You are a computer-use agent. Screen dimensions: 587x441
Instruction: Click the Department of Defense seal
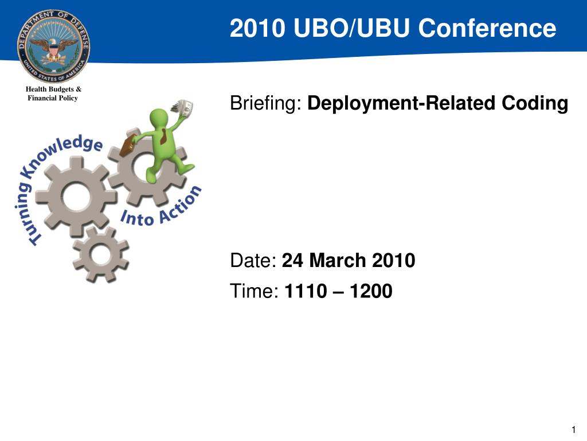click(53, 46)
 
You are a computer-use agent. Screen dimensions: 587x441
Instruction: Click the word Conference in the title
click(487, 28)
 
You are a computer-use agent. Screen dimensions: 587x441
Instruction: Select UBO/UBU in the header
click(351, 28)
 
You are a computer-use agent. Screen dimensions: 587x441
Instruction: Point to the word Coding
click(535, 103)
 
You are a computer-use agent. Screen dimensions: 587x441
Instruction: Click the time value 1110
click(306, 291)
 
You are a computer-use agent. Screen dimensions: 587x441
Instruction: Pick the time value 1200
click(371, 291)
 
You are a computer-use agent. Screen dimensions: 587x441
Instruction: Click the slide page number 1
click(573, 430)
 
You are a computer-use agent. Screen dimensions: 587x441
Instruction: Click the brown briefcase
click(128, 146)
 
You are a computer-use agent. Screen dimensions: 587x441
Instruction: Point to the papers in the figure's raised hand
click(183, 108)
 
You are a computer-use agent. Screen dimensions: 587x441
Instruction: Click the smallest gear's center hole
click(101, 254)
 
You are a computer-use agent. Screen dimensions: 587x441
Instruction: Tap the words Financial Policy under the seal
click(52, 98)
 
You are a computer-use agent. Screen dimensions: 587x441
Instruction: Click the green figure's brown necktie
click(164, 137)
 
